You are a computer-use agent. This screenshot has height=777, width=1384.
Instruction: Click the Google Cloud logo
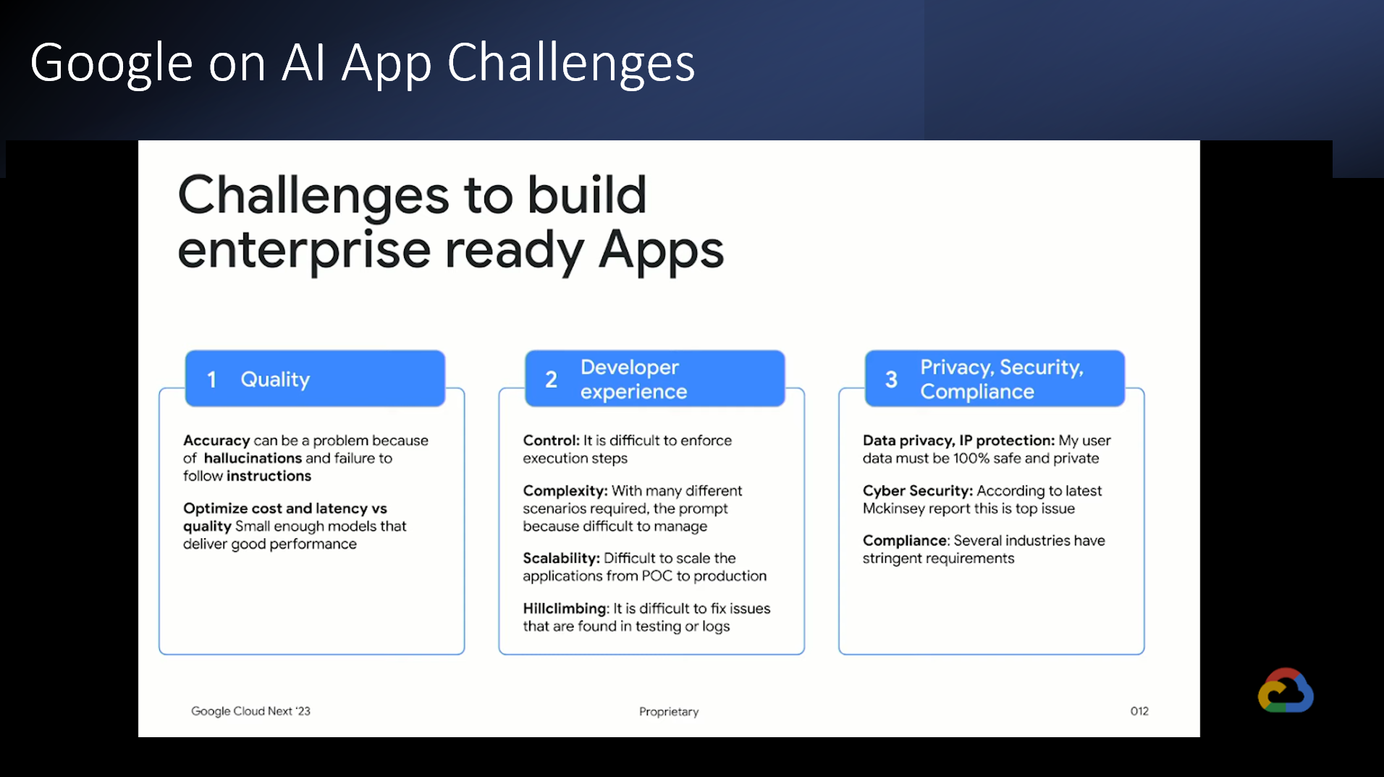tap(1286, 690)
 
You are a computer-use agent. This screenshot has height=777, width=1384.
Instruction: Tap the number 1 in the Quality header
tap(211, 379)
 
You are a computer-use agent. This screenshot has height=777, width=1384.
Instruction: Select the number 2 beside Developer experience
tap(551, 379)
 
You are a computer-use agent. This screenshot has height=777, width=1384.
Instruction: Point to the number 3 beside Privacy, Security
tap(891, 379)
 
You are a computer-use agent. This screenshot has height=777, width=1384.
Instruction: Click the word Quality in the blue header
tap(275, 380)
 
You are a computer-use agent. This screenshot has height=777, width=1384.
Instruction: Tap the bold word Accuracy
tap(216, 441)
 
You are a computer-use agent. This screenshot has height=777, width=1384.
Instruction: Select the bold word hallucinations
tap(253, 458)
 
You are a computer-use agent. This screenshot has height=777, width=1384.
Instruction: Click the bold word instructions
tap(269, 476)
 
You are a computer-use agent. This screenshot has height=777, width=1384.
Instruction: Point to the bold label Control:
tap(552, 441)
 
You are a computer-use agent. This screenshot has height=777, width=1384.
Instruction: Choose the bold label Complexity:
tap(565, 491)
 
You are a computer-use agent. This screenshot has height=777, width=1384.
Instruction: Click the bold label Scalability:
tap(562, 559)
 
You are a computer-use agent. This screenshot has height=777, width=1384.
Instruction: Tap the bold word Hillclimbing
tap(565, 609)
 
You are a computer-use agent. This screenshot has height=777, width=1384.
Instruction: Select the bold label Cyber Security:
tap(918, 491)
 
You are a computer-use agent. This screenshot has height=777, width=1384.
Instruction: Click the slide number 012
tap(1139, 711)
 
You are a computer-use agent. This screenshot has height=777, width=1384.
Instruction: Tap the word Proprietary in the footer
tap(669, 712)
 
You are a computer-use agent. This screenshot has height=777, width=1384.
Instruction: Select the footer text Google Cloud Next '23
tap(250, 711)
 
